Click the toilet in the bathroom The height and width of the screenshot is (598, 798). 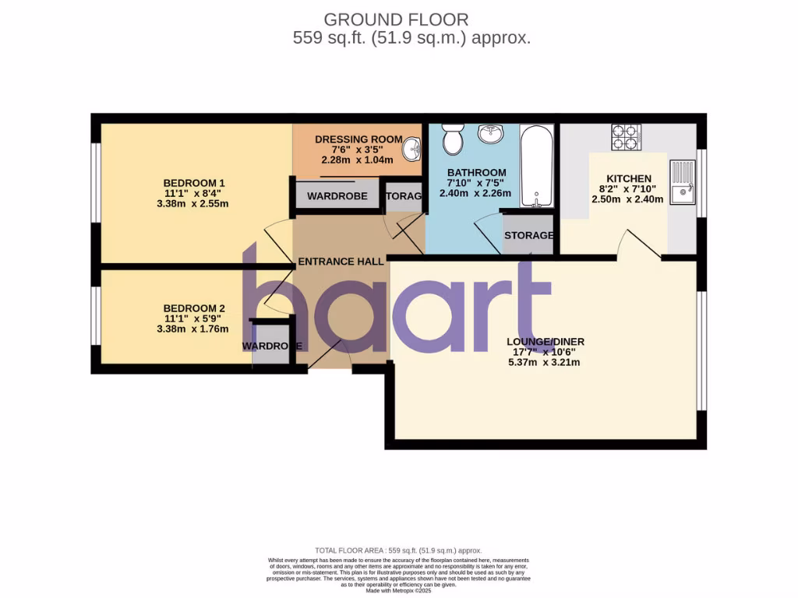tap(452, 140)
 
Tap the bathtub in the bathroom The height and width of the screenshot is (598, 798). tap(536, 167)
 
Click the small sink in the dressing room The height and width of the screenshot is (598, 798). tap(413, 147)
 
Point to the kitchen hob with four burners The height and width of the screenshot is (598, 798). tap(626, 137)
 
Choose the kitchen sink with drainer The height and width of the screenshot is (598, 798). tap(681, 181)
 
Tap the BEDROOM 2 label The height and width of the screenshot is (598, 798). tap(194, 307)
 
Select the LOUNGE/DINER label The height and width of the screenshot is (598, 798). tap(546, 341)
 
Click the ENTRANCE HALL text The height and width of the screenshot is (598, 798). tap(341, 262)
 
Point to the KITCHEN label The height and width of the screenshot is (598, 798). tap(629, 178)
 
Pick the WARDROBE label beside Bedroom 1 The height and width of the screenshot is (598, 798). tap(337, 196)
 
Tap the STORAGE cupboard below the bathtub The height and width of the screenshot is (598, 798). tap(528, 235)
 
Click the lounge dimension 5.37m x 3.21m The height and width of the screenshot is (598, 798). tap(545, 362)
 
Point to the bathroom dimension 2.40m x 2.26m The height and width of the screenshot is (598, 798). tap(476, 193)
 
